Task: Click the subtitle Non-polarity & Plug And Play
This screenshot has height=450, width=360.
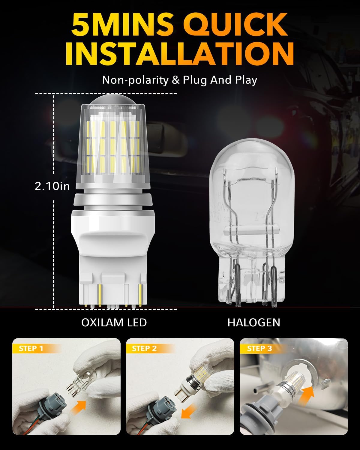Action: coord(179,80)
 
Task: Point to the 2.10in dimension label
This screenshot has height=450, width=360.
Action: coord(52,186)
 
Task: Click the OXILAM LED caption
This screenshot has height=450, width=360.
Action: coord(114,322)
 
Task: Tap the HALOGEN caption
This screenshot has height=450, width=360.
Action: coord(254,322)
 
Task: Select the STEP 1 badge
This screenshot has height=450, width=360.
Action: coord(31,348)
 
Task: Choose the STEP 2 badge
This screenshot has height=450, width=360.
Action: coord(145,348)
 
